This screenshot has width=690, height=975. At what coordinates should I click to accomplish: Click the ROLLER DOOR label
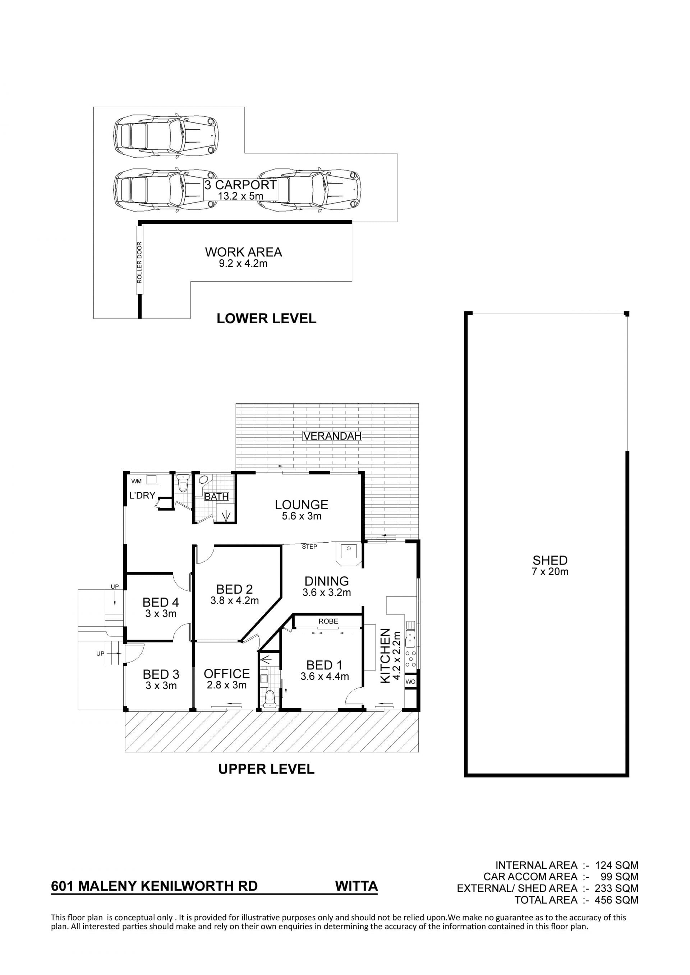pyautogui.click(x=139, y=262)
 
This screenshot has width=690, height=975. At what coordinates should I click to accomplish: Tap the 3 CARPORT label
pyautogui.click(x=240, y=185)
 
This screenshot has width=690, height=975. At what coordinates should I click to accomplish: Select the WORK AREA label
pyautogui.click(x=243, y=252)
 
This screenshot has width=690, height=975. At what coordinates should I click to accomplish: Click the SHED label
pyautogui.click(x=550, y=560)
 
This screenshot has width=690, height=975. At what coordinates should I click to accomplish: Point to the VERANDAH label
pyautogui.click(x=332, y=436)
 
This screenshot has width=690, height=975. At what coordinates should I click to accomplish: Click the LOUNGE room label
pyautogui.click(x=302, y=505)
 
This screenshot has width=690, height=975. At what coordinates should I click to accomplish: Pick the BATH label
pyautogui.click(x=217, y=496)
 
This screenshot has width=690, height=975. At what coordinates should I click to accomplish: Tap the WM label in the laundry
pyautogui.click(x=137, y=481)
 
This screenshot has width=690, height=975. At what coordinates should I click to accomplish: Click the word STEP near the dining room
pyautogui.click(x=309, y=547)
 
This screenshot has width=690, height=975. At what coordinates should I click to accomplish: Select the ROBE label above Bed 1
pyautogui.click(x=328, y=621)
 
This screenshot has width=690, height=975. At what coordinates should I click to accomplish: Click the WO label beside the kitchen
pyautogui.click(x=410, y=682)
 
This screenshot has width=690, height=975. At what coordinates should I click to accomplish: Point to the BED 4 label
pyautogui.click(x=161, y=602)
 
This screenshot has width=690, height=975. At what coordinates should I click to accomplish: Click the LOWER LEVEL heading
pyautogui.click(x=266, y=319)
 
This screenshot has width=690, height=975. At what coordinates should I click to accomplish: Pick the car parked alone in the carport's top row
pyautogui.click(x=166, y=135)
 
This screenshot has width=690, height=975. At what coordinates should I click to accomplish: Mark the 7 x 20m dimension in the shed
pyautogui.click(x=550, y=572)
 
